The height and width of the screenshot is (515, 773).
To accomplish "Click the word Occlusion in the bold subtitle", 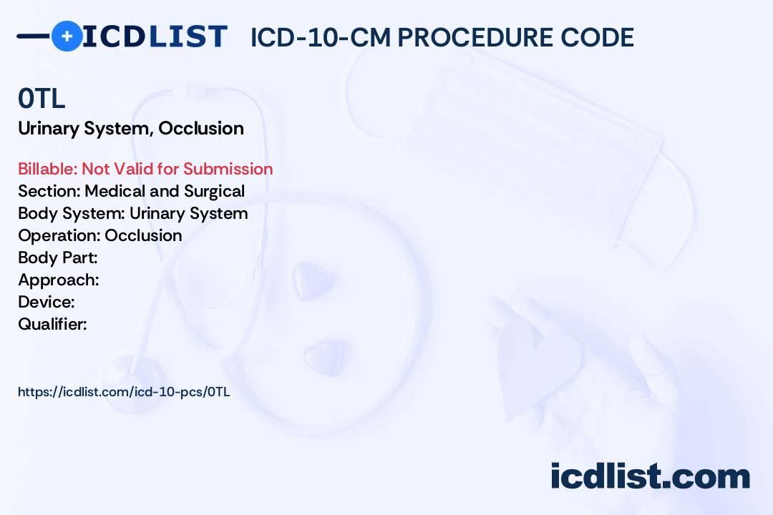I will (201, 129).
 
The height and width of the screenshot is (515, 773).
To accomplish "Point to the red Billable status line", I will (145, 169).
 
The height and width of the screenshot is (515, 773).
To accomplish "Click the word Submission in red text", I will (228, 169).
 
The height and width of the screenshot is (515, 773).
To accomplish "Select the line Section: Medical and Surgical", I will (131, 191).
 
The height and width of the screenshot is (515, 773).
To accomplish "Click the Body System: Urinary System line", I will (132, 213).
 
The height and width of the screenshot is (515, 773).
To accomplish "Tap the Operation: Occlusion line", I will (99, 235).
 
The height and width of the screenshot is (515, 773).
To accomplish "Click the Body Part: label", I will (57, 257).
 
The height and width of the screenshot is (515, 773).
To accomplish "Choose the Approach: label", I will (58, 280).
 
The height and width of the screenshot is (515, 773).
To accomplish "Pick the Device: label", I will (47, 302).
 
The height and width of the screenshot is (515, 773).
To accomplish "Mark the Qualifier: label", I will (52, 324).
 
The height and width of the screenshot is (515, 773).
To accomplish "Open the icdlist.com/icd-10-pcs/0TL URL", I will (124, 392).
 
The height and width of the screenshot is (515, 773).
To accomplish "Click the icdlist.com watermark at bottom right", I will (650, 476).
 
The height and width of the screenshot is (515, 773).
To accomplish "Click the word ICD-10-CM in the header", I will (319, 37).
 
